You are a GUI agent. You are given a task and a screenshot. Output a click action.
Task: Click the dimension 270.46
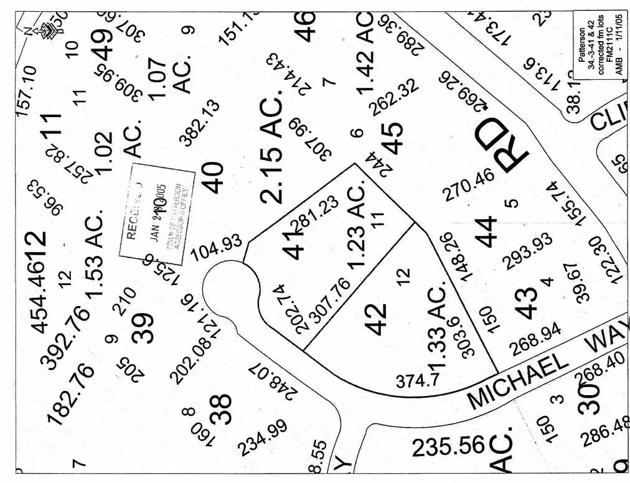(469, 185)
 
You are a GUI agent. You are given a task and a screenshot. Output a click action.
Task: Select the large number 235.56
(448, 446)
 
